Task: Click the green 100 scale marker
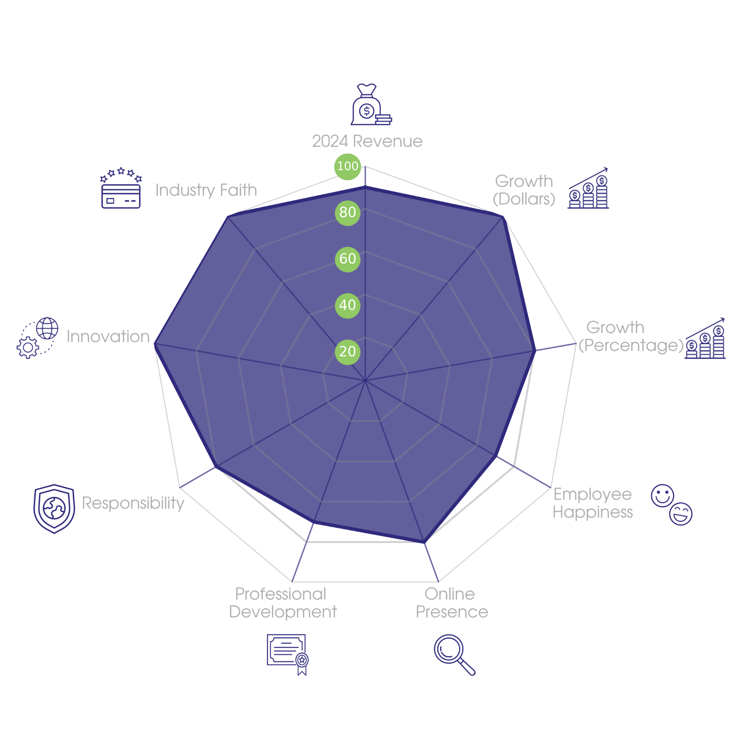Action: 347,166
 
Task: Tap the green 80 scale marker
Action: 347,213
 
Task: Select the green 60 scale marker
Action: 347,259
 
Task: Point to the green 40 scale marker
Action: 347,306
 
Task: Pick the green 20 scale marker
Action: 347,352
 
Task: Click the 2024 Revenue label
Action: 367,141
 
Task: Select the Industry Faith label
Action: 206,190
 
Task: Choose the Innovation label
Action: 108,337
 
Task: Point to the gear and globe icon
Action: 38,338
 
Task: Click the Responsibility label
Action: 133,503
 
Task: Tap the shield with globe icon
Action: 54,509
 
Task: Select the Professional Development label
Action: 283,603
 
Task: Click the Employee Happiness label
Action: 593,503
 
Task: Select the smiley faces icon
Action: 671,505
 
